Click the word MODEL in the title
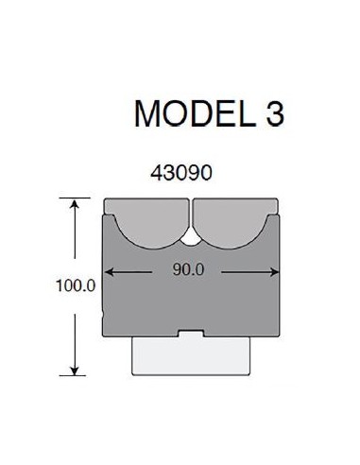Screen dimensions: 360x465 point(195,113)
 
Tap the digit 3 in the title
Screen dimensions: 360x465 point(275,113)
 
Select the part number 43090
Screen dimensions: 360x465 point(181,173)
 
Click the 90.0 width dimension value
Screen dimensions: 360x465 point(188,269)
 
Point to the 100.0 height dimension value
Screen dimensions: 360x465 point(76,285)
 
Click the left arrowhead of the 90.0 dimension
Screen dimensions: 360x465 point(109,272)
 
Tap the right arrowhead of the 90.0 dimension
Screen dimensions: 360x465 point(274,272)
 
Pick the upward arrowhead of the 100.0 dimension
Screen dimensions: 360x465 point(75,204)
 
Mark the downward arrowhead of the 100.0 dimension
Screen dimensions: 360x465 point(75,370)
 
